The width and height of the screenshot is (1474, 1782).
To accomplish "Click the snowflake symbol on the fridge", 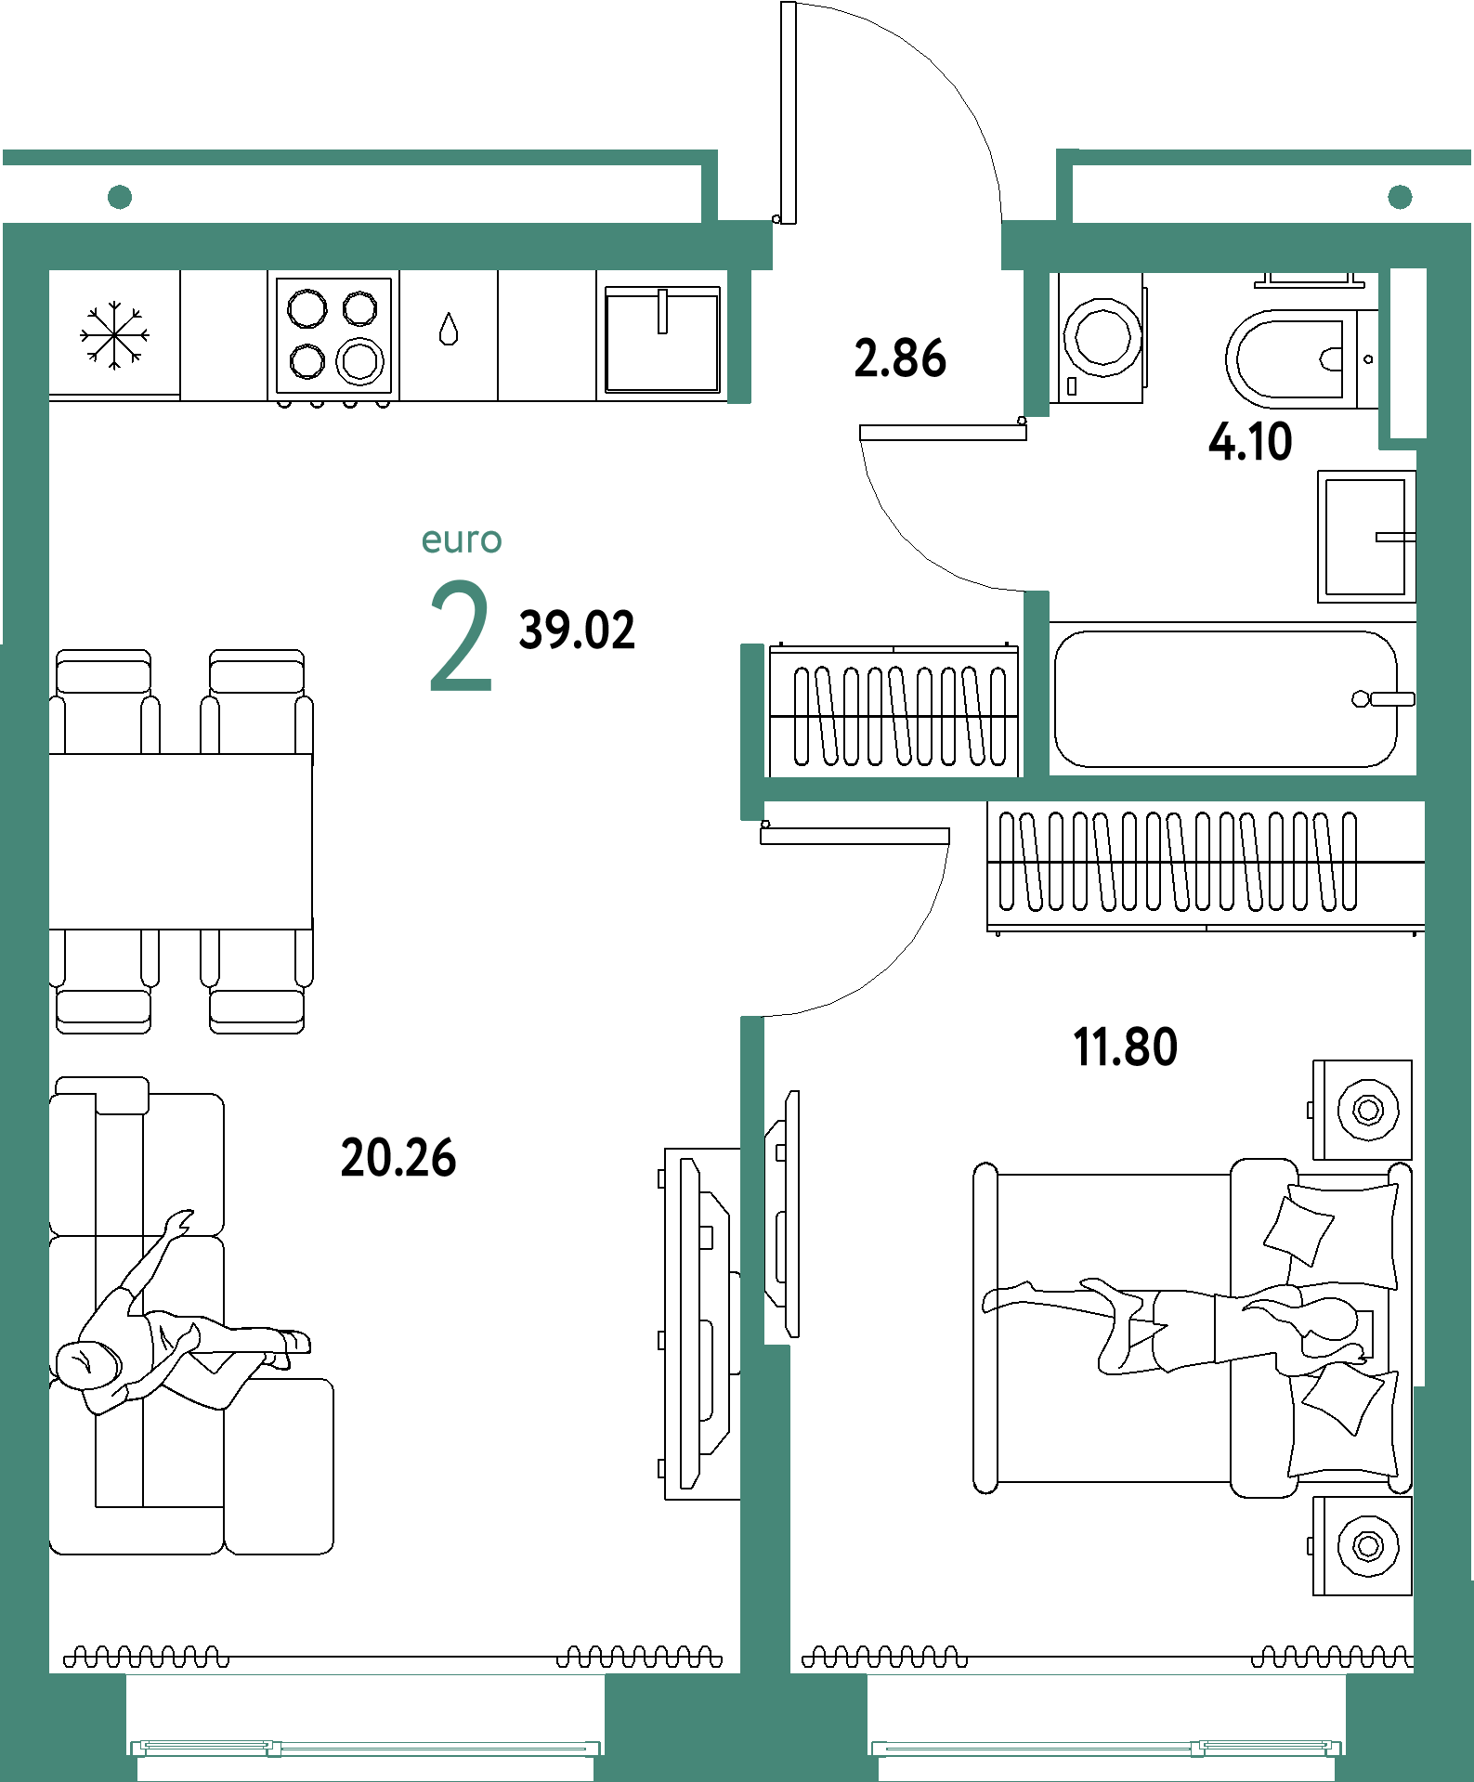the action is (x=114, y=335).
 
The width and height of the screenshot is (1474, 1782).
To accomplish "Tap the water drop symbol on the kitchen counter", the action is (x=449, y=329).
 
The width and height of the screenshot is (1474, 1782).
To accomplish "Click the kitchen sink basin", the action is (x=662, y=339).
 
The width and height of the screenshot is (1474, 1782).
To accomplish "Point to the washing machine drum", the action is (x=1102, y=336).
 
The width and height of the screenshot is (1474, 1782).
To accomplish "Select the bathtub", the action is (x=1226, y=699).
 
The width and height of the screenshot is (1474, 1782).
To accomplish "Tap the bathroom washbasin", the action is (x=1365, y=536).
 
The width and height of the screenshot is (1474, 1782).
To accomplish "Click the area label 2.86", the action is (x=900, y=358).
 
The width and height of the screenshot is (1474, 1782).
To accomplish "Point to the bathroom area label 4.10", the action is (x=1250, y=441).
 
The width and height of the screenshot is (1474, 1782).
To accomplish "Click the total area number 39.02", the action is (x=577, y=630).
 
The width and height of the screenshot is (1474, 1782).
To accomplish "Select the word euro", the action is (x=462, y=540).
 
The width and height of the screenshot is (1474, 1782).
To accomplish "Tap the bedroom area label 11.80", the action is (x=1126, y=1047).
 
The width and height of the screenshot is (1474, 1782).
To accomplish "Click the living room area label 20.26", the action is (x=398, y=1158).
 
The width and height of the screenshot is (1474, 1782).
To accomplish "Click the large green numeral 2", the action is (x=461, y=636).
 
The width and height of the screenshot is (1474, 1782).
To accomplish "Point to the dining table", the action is (x=180, y=841).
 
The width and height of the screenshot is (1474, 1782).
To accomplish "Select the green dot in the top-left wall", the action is (x=120, y=197).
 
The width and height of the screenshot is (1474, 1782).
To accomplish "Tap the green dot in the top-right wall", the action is (x=1400, y=197).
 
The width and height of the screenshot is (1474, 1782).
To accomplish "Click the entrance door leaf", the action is (x=789, y=112).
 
